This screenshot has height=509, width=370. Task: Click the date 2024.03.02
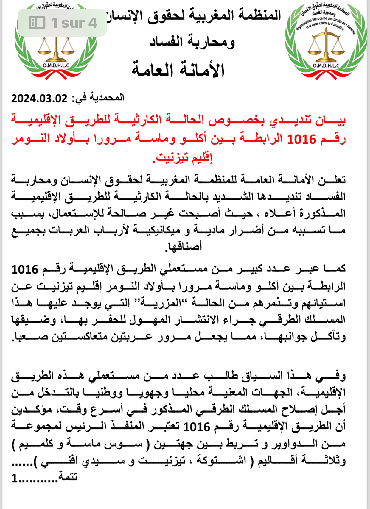39,99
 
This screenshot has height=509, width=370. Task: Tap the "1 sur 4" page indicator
74,23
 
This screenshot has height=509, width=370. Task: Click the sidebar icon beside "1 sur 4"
37,23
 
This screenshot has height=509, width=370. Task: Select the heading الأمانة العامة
178,70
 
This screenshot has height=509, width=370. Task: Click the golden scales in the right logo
326,46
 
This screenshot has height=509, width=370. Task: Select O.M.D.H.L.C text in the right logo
326,65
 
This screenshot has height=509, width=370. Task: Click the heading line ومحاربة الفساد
192,42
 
